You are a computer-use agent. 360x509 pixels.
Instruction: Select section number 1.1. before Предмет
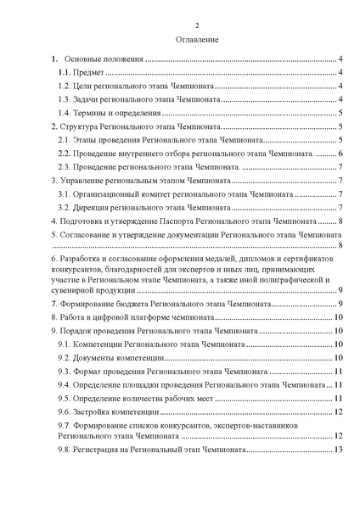[x=65, y=74]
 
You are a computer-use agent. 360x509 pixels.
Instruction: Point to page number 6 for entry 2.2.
[x=340, y=153]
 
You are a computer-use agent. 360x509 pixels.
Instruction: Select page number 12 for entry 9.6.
[x=337, y=411]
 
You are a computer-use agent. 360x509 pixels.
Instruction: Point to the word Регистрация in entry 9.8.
[x=104, y=449]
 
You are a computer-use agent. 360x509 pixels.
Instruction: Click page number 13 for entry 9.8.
[x=337, y=449]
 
